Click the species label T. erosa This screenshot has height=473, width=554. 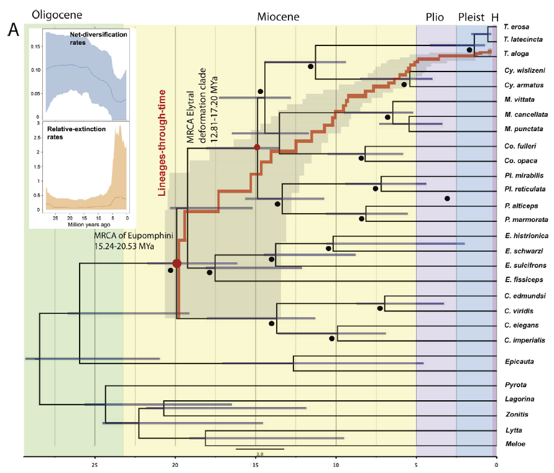(516, 27)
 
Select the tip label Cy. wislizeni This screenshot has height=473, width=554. (522, 71)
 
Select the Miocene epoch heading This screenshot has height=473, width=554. (278, 17)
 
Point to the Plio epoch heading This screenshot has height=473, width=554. (435, 17)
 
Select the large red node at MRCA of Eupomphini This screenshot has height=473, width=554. (177, 264)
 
